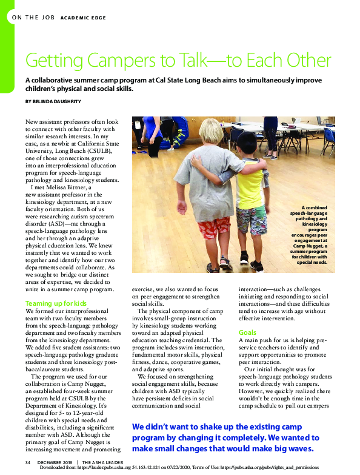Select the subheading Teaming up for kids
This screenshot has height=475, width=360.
[x=56, y=303]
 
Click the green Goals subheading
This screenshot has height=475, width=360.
[x=247, y=332]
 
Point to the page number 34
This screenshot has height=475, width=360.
[x=28, y=463]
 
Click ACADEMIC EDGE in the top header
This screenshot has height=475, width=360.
[x=83, y=18]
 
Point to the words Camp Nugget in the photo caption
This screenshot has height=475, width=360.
[x=313, y=241]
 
